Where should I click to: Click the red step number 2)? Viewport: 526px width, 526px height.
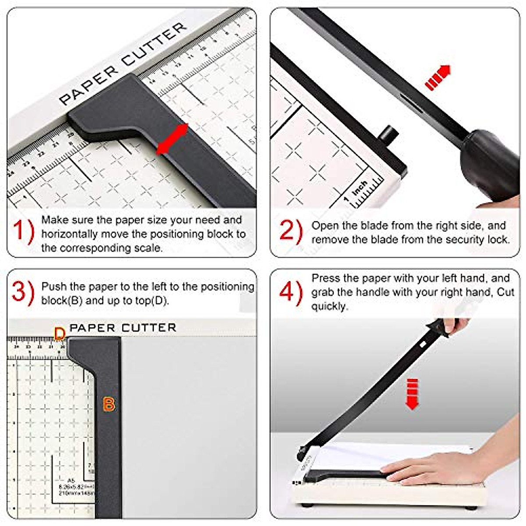(x=291, y=231)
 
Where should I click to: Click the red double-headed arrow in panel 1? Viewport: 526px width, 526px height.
(x=172, y=139)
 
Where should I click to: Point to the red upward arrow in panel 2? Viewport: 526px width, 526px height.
(x=438, y=78)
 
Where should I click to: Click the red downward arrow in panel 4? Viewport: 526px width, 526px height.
(x=412, y=393)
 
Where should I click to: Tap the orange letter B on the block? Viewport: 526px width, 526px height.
(x=108, y=404)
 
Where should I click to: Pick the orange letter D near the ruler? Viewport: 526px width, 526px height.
(x=60, y=334)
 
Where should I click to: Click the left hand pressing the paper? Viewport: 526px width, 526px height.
(x=430, y=468)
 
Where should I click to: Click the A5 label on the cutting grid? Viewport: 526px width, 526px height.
(x=71, y=480)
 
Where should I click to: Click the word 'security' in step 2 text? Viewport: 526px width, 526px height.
(x=465, y=240)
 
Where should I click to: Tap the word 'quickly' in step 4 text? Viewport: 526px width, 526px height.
(x=329, y=306)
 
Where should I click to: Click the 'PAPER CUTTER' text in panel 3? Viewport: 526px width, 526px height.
(x=123, y=328)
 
